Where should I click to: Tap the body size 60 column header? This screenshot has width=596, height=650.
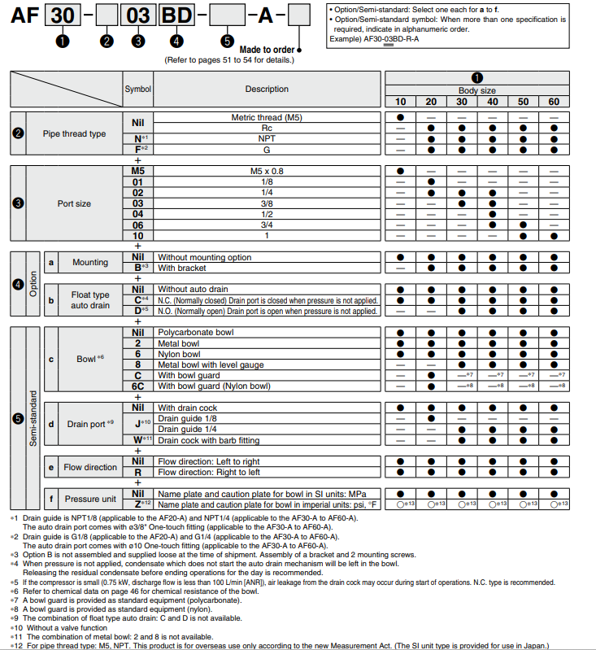click(553, 101)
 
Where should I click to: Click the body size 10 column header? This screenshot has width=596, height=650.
click(400, 101)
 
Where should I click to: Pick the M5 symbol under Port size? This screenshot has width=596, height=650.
click(137, 171)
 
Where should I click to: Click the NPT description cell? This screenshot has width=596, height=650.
click(267, 138)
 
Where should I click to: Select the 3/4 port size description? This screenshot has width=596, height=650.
click(267, 225)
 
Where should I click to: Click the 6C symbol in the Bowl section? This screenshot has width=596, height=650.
click(137, 386)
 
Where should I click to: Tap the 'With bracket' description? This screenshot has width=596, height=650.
click(182, 268)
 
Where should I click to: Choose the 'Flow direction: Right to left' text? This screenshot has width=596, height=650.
click(209, 471)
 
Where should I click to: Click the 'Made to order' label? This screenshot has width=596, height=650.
click(267, 50)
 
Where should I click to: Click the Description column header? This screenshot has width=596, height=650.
click(267, 89)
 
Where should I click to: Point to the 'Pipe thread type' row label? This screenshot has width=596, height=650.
click(74, 133)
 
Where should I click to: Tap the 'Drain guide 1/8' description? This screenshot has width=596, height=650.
click(189, 418)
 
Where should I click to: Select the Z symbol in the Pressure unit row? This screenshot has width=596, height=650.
click(137, 504)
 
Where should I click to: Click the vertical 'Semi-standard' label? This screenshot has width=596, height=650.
click(32, 418)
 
